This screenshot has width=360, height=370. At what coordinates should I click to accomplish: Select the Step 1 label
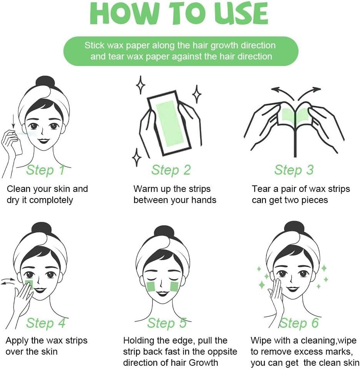pos(45,170)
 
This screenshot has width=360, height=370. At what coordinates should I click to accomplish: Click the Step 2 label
pos(171,170)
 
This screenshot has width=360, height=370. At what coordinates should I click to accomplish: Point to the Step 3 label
pos(294,170)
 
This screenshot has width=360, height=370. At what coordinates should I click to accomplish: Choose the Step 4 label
pos(45,323)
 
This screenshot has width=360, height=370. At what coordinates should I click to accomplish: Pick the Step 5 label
pos(167,323)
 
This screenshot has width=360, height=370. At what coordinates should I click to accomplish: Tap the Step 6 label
pos(299,323)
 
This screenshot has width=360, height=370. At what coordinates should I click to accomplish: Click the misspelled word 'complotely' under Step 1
pos(51,200)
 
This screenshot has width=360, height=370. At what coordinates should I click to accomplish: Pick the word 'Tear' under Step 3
pos(261,189)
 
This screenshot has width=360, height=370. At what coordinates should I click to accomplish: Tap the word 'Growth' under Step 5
pos(204,362)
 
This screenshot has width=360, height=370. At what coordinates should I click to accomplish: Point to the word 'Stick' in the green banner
pos(95,45)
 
